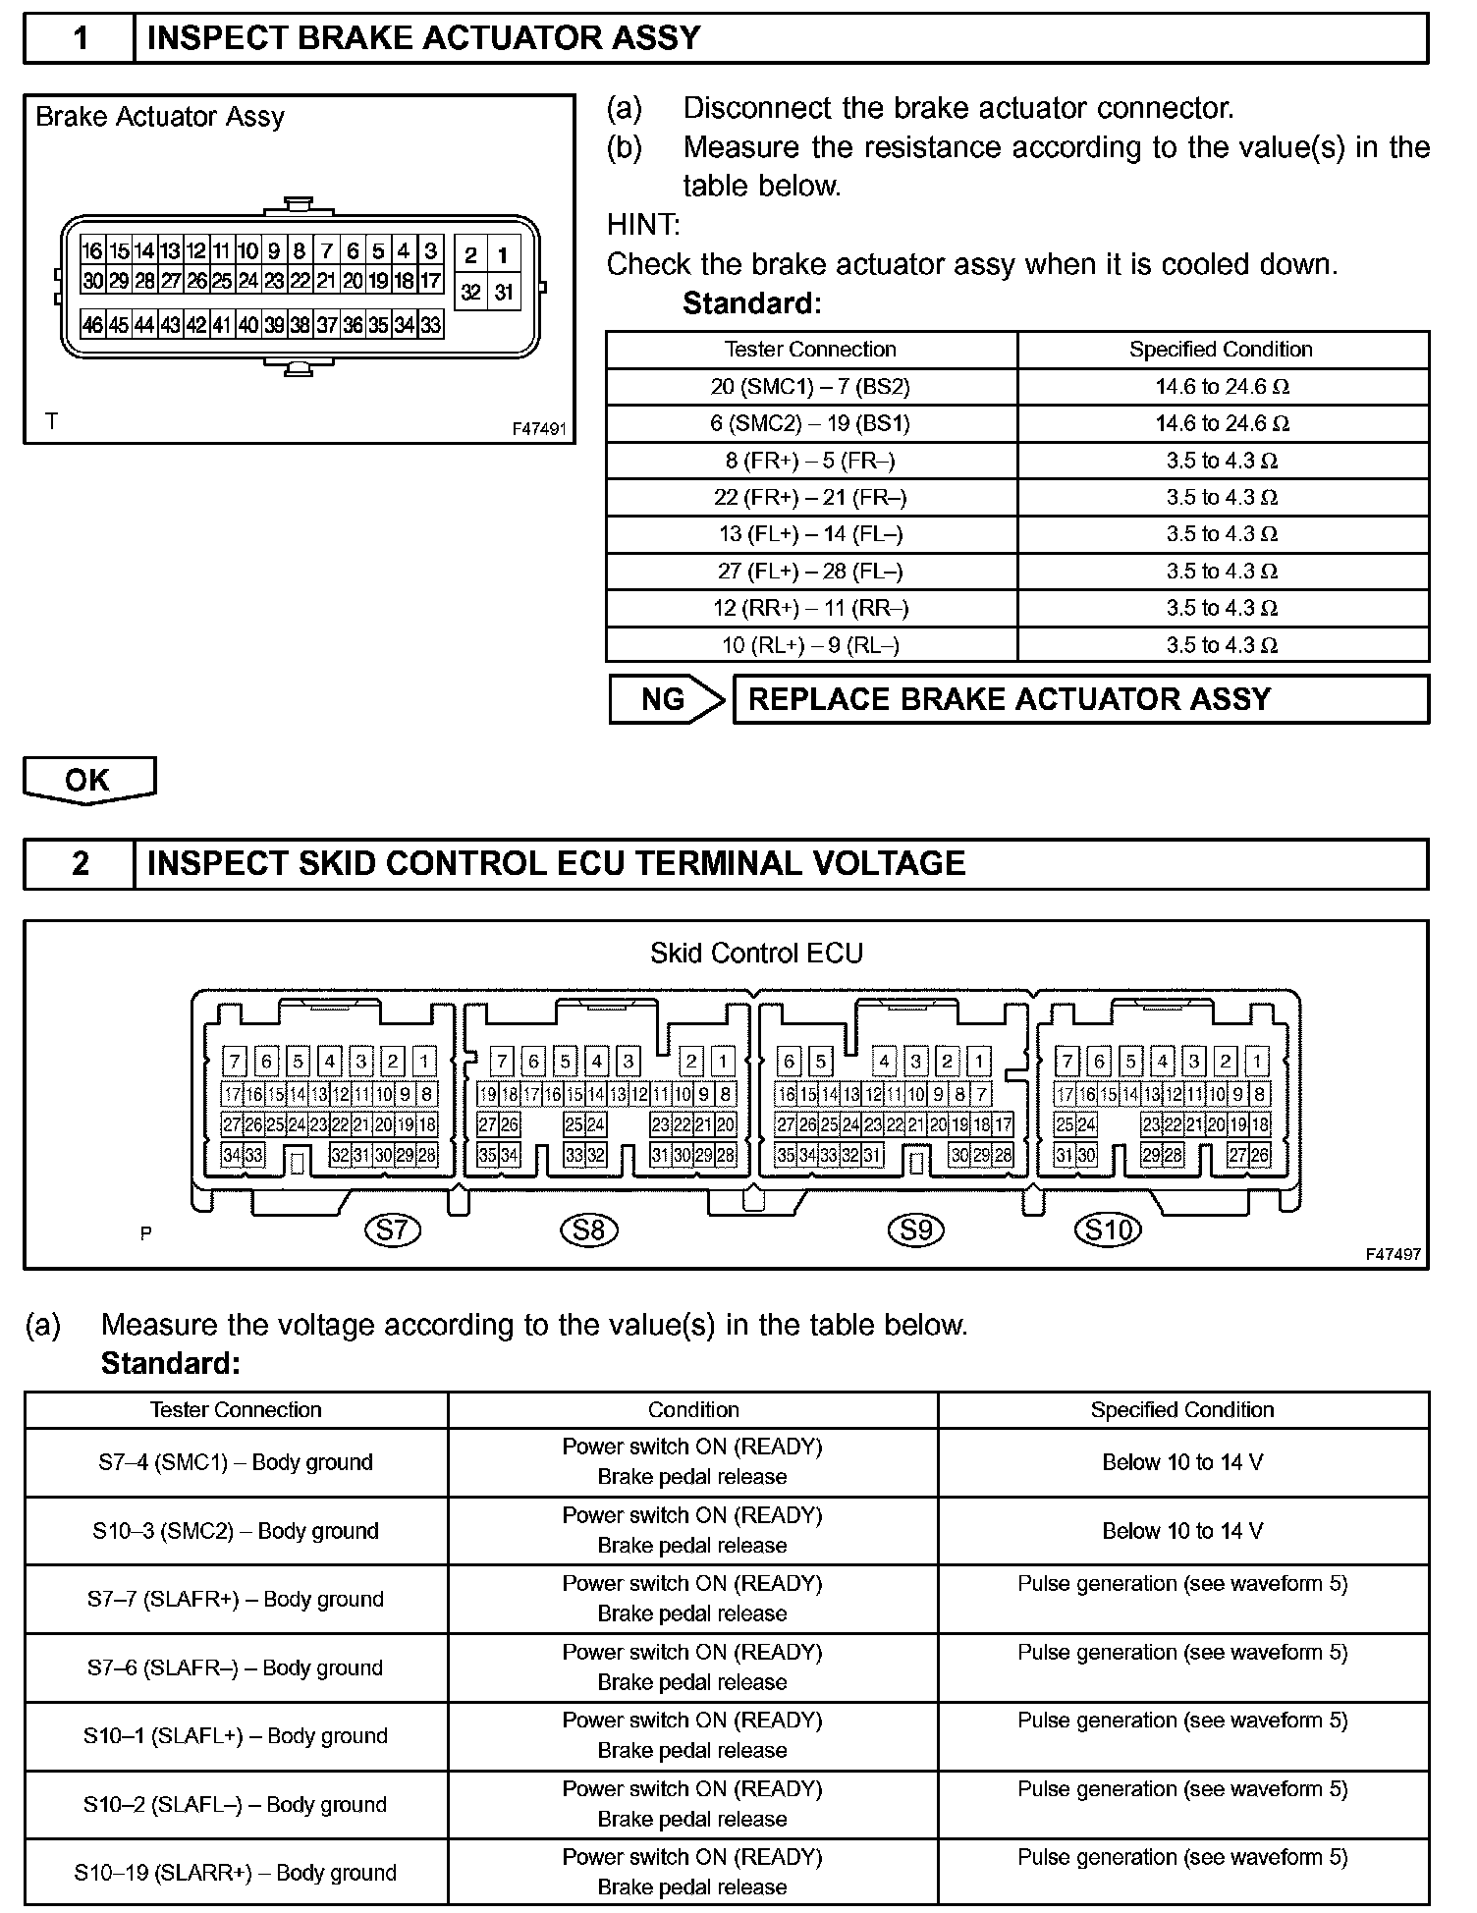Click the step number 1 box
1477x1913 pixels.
[80, 38]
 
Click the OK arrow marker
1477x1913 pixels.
[88, 780]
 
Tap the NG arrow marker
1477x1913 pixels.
[666, 699]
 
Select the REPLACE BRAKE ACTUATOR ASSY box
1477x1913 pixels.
[1080, 699]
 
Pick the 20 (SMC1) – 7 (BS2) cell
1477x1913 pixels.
[811, 387]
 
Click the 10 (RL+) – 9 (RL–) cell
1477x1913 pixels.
[811, 645]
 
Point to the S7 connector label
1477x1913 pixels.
[392, 1230]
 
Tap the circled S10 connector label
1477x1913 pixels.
[1109, 1230]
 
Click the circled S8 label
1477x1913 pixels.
[589, 1230]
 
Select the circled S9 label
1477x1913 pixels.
[916, 1230]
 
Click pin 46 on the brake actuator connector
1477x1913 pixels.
[92, 325]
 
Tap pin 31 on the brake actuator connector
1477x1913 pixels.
[504, 292]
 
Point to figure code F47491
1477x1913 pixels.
[539, 430]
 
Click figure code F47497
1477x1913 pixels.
[1393, 1254]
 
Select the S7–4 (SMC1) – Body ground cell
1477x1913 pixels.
[236, 1462]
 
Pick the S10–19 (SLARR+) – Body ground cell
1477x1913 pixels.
[236, 1873]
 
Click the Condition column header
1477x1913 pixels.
[692, 1410]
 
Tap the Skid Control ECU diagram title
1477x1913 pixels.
[756, 954]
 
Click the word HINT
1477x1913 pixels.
[643, 225]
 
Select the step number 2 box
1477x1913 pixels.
[80, 864]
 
